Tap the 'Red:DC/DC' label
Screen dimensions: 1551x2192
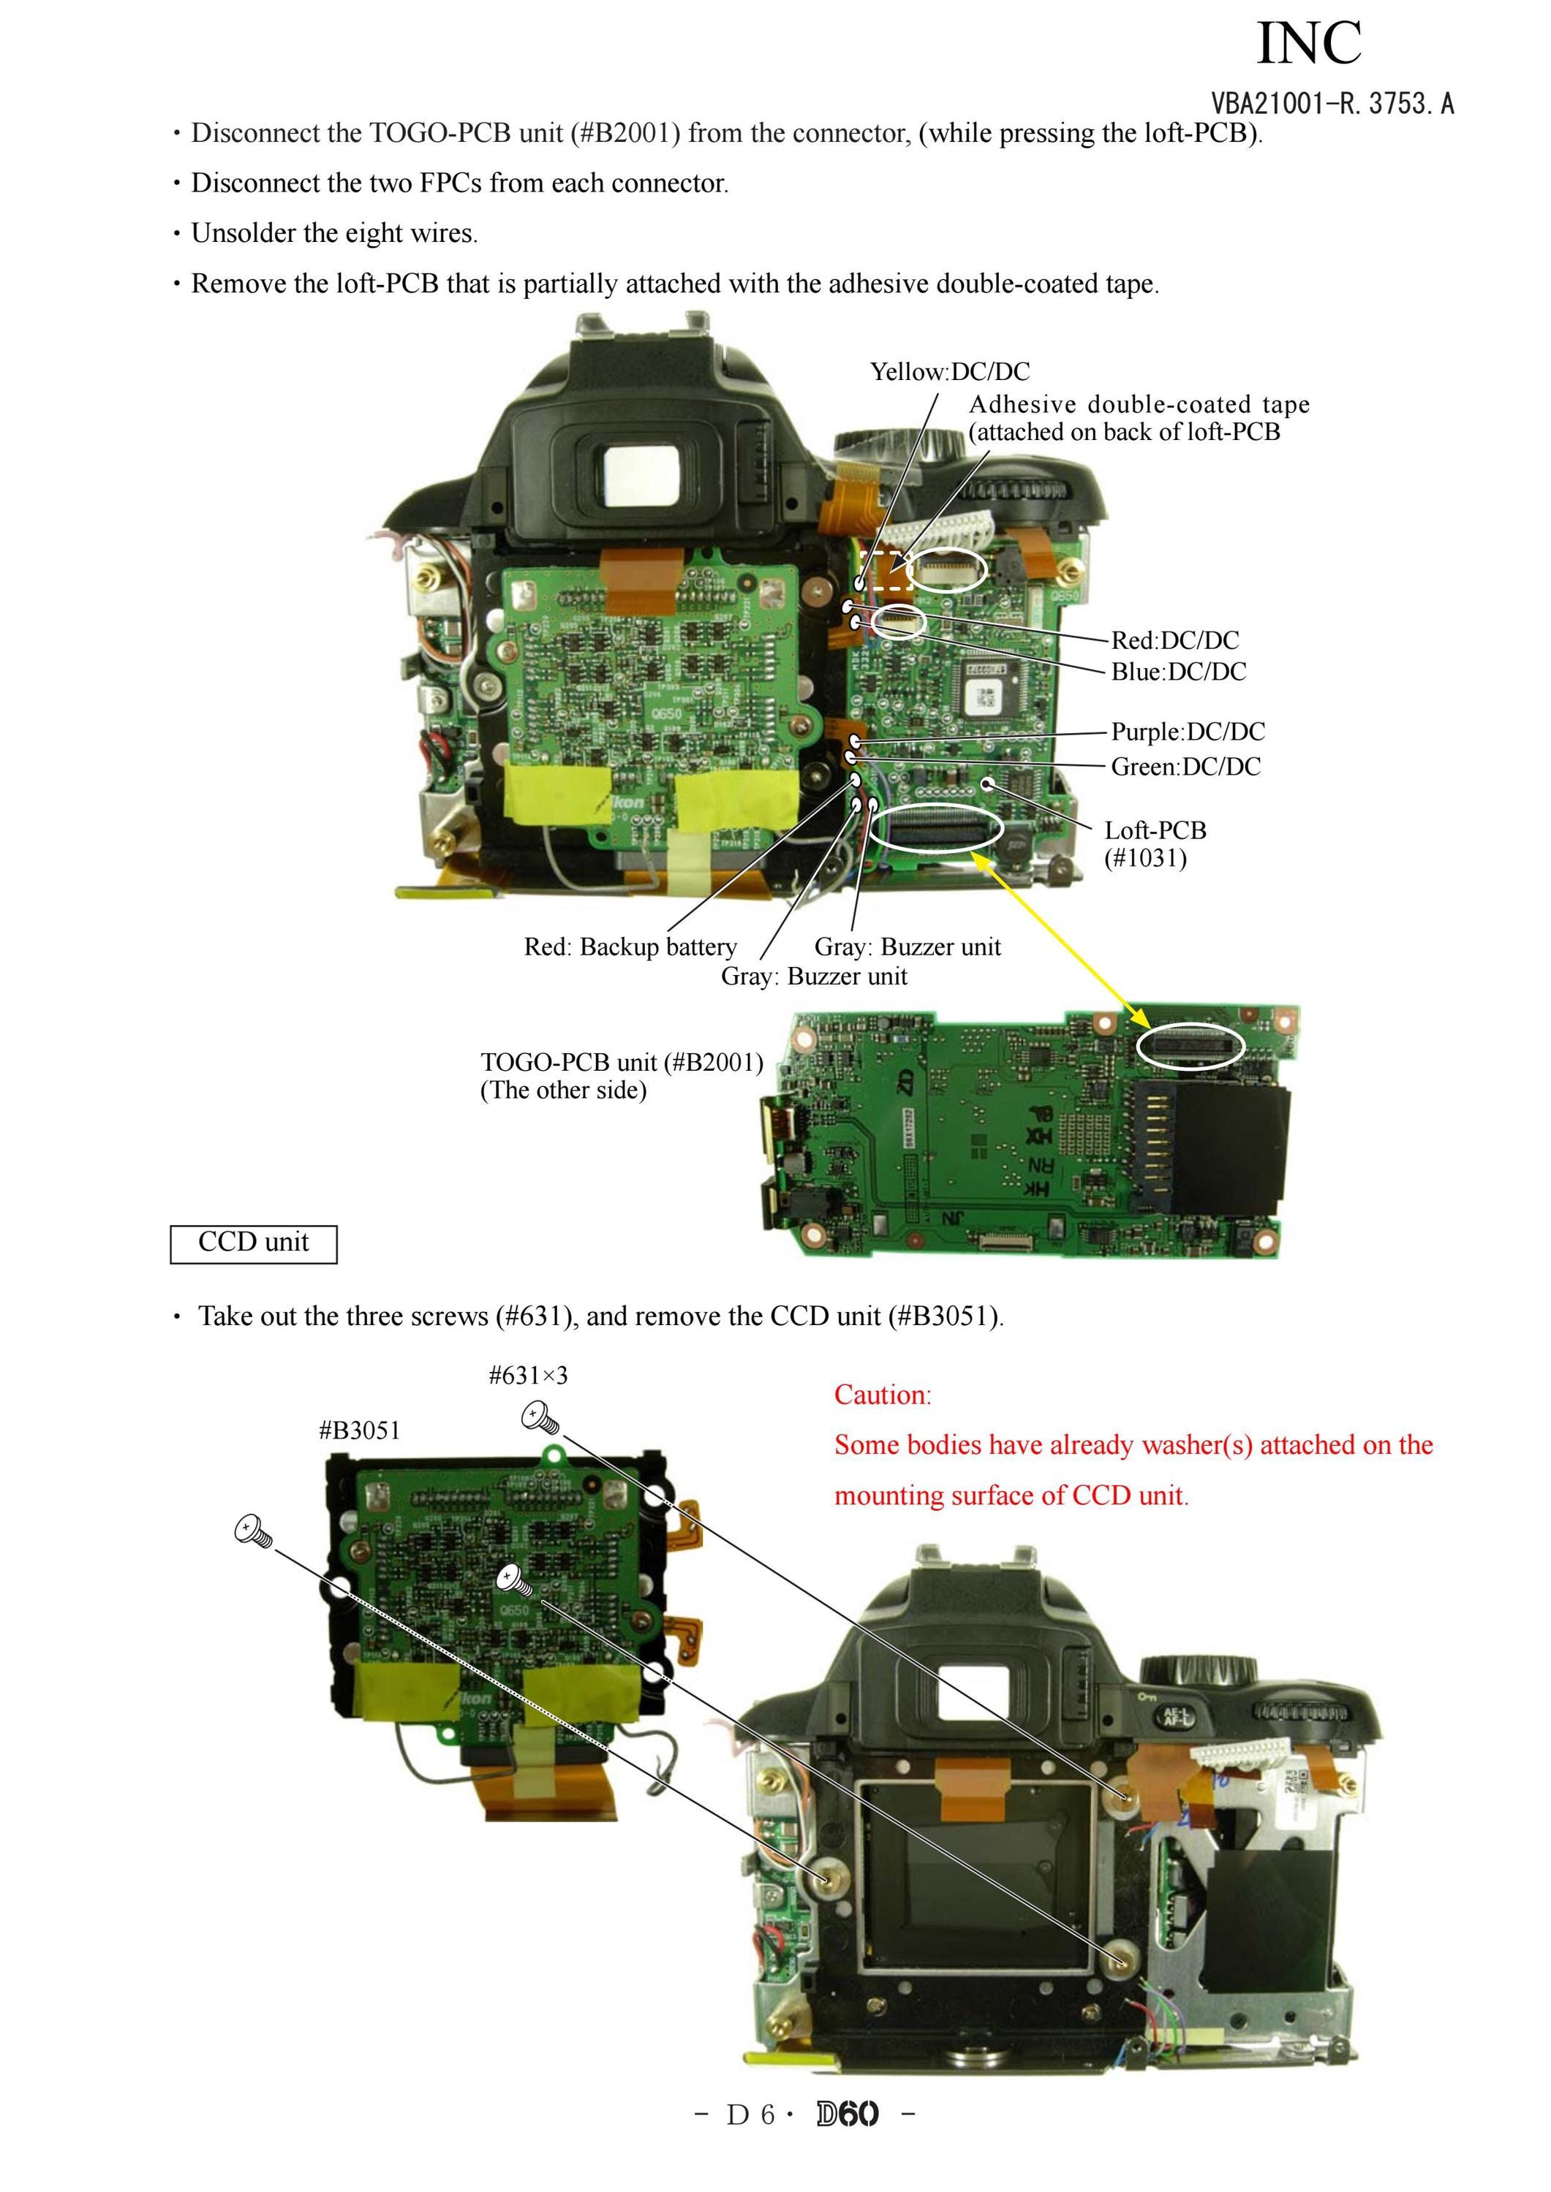coord(1174,640)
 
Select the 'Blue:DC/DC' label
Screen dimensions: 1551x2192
coord(1179,672)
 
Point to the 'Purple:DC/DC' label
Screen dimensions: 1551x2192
coord(1188,732)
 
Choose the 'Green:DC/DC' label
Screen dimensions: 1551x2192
coord(1185,767)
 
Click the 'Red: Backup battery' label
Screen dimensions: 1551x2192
coord(630,947)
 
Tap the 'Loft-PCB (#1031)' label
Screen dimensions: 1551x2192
coord(1155,844)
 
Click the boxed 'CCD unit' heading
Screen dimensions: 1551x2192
coord(253,1243)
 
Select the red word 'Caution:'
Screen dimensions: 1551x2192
coord(883,1395)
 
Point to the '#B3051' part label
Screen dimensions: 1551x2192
coord(359,1430)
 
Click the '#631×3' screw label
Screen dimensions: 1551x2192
coord(528,1376)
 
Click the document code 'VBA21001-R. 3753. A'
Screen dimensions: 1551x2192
coord(1332,103)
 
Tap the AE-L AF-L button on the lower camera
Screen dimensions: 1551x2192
coord(1174,1718)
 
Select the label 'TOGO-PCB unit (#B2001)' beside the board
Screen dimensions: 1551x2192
coord(622,1063)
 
